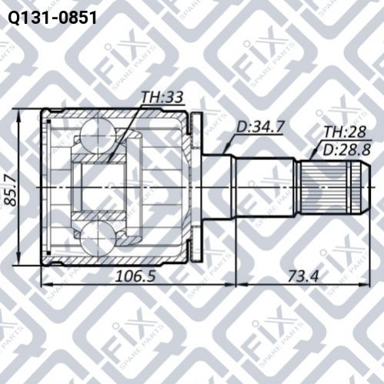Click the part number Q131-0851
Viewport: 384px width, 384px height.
click(52, 18)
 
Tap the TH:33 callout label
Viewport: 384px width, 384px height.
click(162, 97)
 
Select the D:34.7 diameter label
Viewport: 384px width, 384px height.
click(260, 127)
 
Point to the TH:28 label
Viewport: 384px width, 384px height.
click(345, 132)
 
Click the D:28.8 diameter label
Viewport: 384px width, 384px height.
click(346, 149)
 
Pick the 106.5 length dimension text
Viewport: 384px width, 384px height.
click(135, 276)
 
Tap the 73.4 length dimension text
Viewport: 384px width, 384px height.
click(303, 276)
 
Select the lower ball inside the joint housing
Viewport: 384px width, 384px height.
click(99, 239)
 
